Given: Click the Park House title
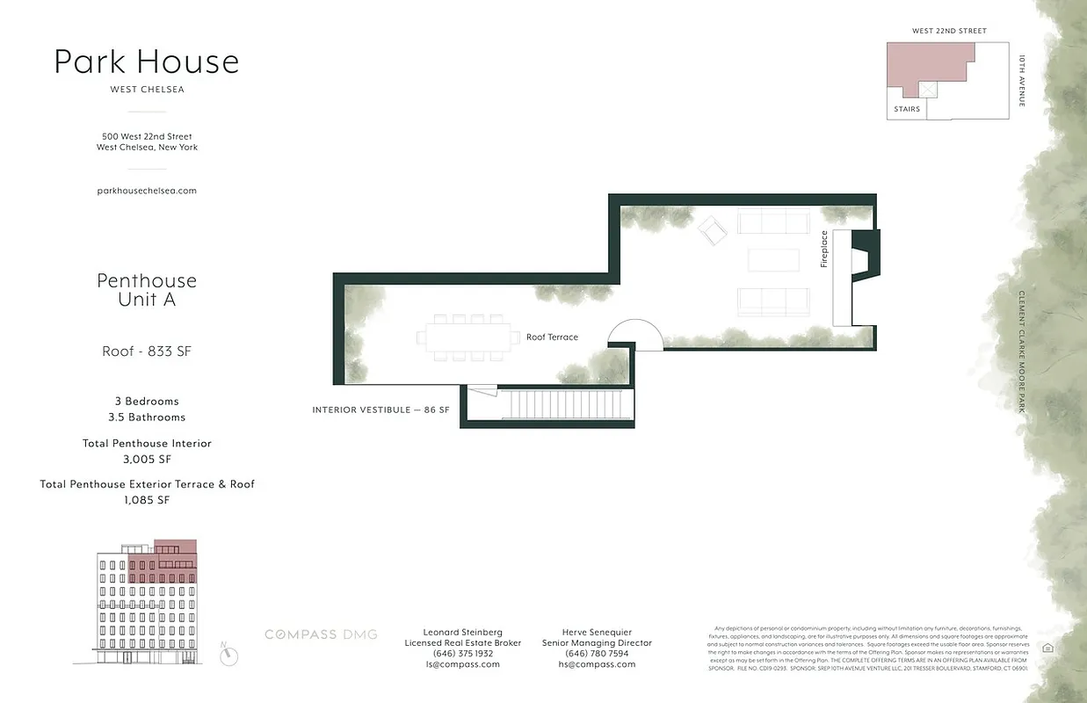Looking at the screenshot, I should (147, 62).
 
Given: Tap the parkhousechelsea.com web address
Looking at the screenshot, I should (147, 190).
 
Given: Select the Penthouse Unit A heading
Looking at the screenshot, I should (147, 290).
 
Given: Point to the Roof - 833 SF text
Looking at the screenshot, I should (147, 351).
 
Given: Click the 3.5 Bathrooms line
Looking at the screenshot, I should (147, 417).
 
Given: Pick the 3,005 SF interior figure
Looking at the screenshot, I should (147, 459).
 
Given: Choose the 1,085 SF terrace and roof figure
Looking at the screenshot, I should (147, 500).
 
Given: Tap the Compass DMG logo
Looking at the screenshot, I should (322, 634).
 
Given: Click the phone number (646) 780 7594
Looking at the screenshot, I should (598, 654).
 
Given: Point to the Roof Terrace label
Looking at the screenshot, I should (552, 337).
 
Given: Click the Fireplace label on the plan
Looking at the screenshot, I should (824, 249).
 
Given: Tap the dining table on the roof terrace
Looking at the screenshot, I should (468, 337).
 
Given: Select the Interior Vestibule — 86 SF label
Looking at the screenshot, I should (381, 409).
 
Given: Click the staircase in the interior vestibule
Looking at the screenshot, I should (567, 406).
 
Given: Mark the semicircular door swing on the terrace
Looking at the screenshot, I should (635, 335).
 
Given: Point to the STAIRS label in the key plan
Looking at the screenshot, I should (907, 109).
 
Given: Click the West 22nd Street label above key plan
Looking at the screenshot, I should (949, 31).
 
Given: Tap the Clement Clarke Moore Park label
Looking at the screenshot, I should (1022, 351).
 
